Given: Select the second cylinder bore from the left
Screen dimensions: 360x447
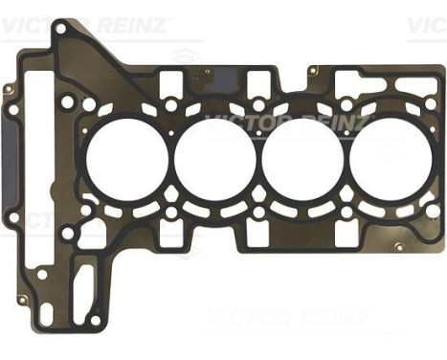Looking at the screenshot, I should point(212,153).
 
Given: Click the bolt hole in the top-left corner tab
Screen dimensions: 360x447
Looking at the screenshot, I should point(61,30).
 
